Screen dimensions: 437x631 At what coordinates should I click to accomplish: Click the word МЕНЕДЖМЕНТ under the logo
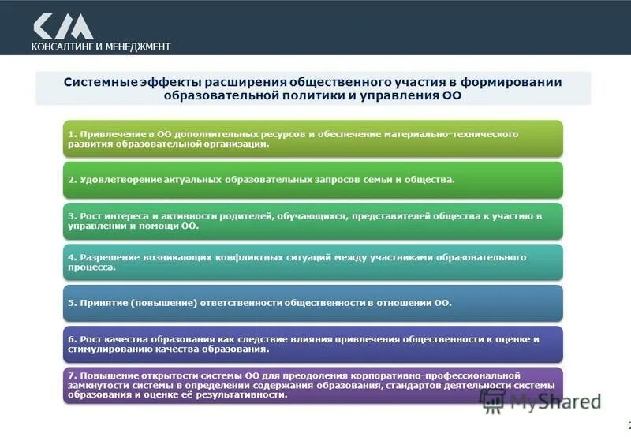pos(137,47)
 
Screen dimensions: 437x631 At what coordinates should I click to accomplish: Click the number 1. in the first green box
pos(71,135)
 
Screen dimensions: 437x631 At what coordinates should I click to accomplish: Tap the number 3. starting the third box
pos(71,216)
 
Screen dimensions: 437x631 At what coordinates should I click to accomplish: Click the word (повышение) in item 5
pos(162,303)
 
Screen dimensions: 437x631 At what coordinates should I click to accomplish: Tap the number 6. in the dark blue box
pos(71,339)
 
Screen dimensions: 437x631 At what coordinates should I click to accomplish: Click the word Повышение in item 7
pos(106,375)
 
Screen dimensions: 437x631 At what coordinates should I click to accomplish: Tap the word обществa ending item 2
pos(432,180)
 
